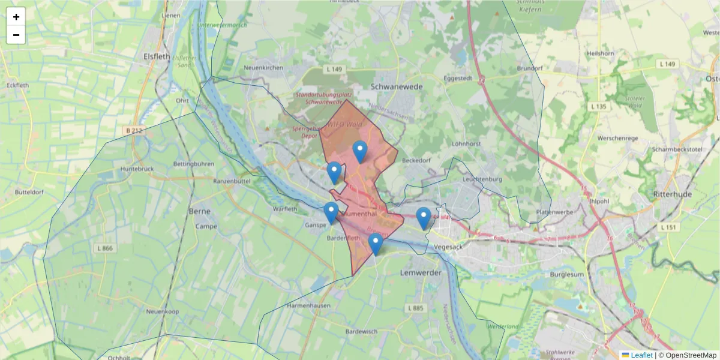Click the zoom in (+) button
tap(16, 17)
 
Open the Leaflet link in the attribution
tap(641, 355)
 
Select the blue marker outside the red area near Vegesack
tap(424, 218)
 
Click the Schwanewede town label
tap(397, 86)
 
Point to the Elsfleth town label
tap(158, 56)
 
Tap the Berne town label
tap(199, 211)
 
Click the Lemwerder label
tap(420, 273)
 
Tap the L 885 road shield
tap(415, 308)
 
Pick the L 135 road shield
tap(599, 106)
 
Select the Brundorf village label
tap(529, 68)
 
